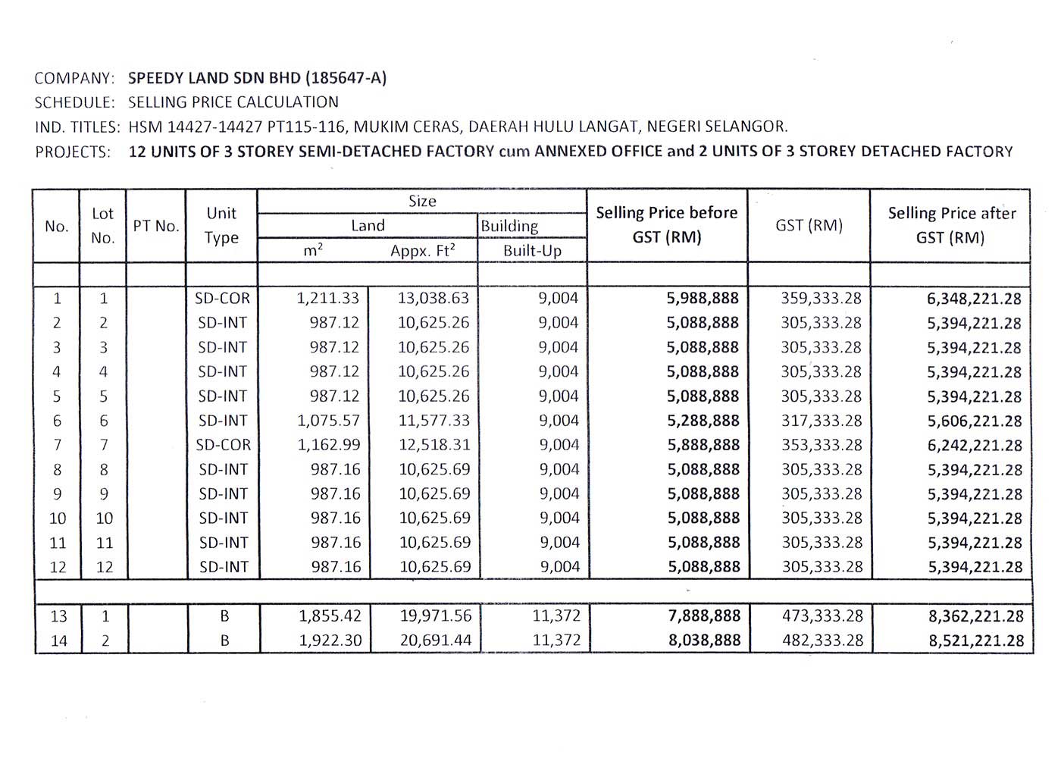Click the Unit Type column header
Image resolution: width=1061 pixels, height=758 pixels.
(x=221, y=225)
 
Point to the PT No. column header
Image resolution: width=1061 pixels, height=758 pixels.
(x=155, y=226)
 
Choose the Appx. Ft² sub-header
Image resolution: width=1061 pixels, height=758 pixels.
(x=422, y=250)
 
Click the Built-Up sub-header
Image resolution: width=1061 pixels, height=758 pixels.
(x=532, y=250)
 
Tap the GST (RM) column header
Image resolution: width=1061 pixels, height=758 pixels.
(x=809, y=225)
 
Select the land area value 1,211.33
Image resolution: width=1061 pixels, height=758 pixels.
(x=328, y=299)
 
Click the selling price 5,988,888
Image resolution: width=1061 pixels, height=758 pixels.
(x=703, y=299)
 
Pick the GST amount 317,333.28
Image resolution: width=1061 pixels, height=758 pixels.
(x=821, y=421)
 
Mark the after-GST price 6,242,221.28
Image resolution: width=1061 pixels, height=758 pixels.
(x=975, y=446)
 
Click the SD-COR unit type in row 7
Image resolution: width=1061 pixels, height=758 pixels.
(x=223, y=445)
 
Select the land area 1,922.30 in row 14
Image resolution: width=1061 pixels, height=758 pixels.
(x=330, y=641)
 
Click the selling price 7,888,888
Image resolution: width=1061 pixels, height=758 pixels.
(x=703, y=616)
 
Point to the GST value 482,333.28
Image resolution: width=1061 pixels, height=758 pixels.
(x=822, y=641)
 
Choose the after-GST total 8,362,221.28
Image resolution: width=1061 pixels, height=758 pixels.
(x=976, y=617)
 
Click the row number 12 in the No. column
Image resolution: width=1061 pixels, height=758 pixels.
(x=58, y=567)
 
